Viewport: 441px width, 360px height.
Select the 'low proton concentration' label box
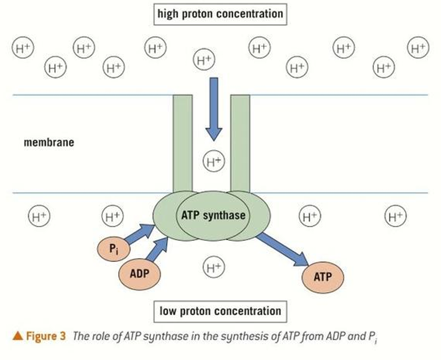220,311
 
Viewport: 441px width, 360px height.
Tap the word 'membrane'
49,142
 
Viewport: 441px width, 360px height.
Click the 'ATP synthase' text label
213,215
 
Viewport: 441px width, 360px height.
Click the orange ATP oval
323,276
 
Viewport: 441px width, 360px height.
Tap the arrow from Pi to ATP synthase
139,233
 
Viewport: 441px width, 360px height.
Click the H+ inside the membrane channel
213,162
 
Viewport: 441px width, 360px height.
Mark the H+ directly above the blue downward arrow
204,59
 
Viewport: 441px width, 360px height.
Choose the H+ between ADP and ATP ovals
213,267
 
